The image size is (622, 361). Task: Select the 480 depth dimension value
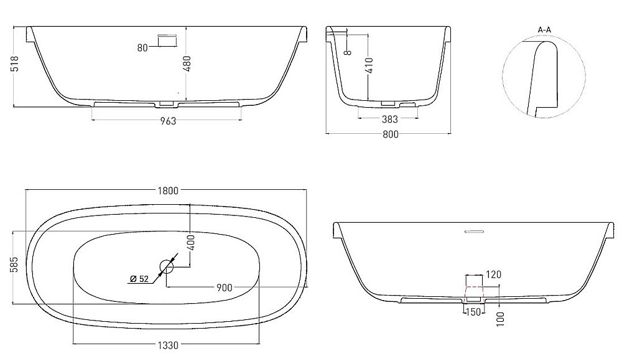pos(186,62)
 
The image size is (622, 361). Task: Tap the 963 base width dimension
pos(167,121)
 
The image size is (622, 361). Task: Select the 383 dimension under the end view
pos(389,118)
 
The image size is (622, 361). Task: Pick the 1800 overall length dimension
pos(167,190)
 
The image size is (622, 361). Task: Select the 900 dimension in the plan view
pos(224,288)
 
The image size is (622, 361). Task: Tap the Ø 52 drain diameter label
pos(139,279)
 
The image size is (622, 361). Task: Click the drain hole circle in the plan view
pos(167,268)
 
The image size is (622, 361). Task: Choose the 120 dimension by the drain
pos(494,274)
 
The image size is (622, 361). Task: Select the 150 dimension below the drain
pos(473,311)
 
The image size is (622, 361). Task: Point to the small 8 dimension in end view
pos(348,52)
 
